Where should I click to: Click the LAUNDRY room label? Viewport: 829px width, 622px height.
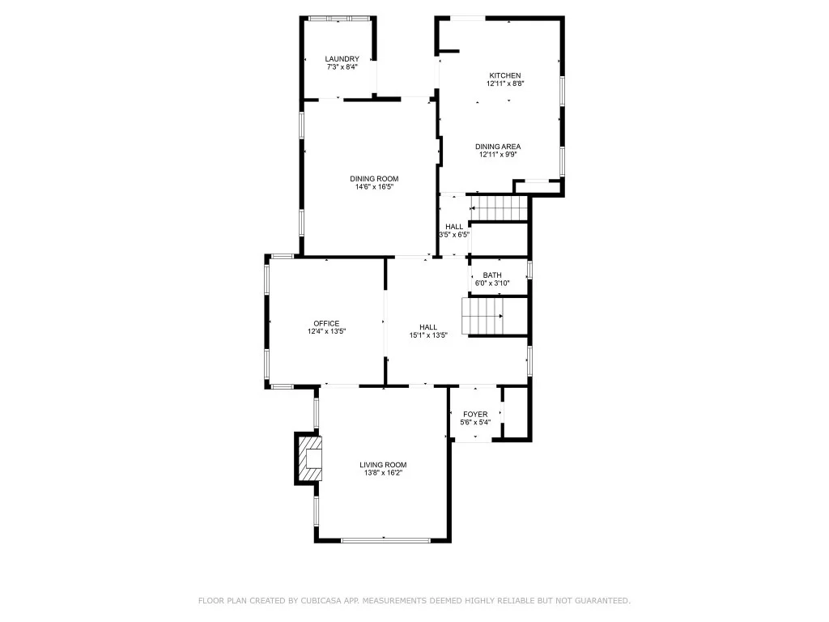point(342,58)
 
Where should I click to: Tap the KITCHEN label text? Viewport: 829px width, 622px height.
point(505,75)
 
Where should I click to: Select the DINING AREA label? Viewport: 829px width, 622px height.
point(498,147)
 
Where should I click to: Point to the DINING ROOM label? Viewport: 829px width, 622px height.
point(374,179)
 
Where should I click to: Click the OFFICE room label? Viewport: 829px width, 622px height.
point(326,324)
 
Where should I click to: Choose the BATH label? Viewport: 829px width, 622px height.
point(492,275)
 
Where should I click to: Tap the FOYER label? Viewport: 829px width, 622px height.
point(475,414)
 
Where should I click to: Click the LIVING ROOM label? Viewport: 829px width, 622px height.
point(383,465)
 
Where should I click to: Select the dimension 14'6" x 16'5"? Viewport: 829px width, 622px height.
point(374,187)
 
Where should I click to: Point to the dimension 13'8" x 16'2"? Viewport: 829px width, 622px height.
point(383,473)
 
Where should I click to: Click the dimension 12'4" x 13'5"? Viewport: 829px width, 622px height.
point(327,331)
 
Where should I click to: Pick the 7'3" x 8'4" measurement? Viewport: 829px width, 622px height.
point(342,66)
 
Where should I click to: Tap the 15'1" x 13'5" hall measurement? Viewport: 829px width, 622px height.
point(428,334)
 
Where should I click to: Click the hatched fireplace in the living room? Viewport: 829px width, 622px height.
point(308,458)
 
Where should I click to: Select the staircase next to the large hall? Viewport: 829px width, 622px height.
point(482,317)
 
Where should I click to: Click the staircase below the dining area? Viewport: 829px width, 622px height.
point(499,208)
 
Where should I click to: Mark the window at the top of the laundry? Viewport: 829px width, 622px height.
point(339,19)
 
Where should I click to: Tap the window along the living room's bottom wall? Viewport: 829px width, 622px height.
point(386,540)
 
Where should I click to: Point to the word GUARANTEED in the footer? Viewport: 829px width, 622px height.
point(602,600)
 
